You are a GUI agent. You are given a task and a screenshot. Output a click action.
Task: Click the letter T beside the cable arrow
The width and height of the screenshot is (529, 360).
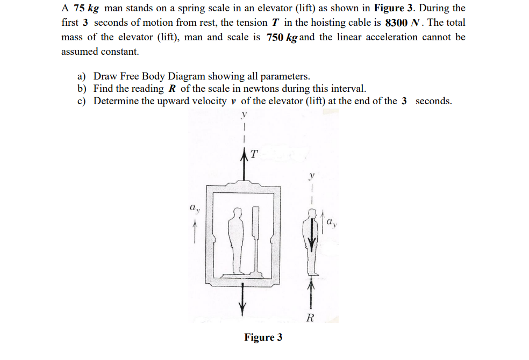click(x=255, y=154)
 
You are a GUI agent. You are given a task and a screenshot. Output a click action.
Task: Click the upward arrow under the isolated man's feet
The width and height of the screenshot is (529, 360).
click(x=310, y=293)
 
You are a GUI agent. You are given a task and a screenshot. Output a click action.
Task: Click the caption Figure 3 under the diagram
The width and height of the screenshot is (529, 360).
click(x=263, y=337)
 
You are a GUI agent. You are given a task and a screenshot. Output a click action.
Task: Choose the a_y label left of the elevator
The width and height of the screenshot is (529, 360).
click(x=195, y=206)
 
